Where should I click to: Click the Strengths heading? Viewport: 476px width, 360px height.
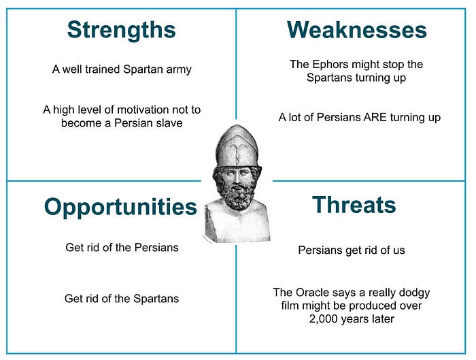[121, 30]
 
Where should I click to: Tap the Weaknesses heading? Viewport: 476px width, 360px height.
[356, 30]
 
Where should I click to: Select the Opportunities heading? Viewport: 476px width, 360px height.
[120, 207]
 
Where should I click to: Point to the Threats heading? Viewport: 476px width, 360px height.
[353, 205]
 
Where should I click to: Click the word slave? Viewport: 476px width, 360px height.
[168, 123]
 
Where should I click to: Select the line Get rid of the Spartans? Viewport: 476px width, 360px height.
[122, 298]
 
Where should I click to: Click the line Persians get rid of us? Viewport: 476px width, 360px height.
[352, 250]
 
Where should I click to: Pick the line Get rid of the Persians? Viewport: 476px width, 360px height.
[122, 247]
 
